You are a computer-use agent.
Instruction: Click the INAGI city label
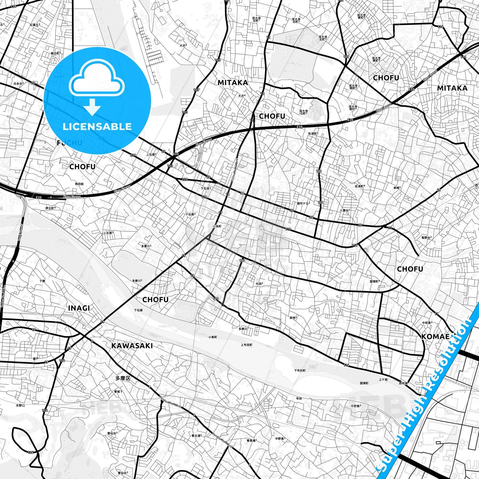(x=79, y=308)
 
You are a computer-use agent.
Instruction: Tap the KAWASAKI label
(x=132, y=346)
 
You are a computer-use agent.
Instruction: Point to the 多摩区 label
(x=123, y=378)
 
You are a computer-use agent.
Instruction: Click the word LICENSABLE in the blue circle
(x=97, y=126)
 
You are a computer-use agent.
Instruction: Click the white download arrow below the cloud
(x=92, y=107)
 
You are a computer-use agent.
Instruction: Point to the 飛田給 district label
(x=79, y=183)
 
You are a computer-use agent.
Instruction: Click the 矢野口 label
(x=20, y=405)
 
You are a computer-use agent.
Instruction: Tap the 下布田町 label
(x=300, y=370)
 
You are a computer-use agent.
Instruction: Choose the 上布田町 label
(x=246, y=345)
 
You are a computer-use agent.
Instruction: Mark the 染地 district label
(x=293, y=318)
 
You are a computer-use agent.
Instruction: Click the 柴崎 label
(x=397, y=188)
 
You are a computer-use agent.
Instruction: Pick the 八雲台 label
(x=345, y=210)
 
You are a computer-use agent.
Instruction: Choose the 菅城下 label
(x=118, y=391)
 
